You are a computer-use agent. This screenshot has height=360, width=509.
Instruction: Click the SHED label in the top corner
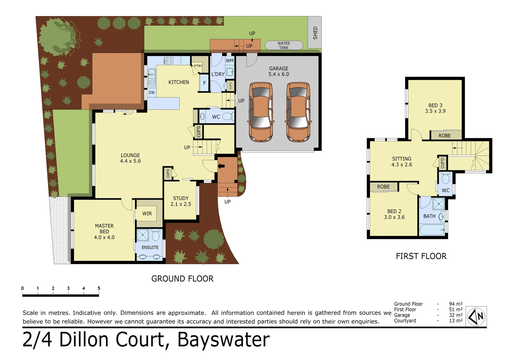coord(315,33)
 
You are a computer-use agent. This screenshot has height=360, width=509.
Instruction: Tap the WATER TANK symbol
coord(284,45)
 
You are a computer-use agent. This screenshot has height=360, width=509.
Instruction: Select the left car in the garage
coord(261,112)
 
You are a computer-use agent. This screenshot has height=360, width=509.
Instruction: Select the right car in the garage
coord(298,112)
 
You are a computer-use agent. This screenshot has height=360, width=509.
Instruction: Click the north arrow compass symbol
coord(476,316)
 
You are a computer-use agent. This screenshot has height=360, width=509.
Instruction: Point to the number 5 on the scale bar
coord(99,288)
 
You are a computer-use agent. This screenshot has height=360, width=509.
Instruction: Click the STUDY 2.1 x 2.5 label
coord(181,201)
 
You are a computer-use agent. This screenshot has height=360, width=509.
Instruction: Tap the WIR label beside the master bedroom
coord(147,214)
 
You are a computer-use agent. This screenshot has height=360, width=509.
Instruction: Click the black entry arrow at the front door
coord(221,166)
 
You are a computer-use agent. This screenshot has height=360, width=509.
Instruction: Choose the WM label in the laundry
coord(230,61)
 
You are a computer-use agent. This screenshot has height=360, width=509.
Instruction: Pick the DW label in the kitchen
coord(152,93)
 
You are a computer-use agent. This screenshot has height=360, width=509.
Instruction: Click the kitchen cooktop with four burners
coord(168,60)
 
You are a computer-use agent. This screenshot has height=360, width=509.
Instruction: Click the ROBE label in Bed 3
coord(444,136)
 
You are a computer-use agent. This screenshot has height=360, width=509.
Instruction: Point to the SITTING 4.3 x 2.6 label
coord(401,162)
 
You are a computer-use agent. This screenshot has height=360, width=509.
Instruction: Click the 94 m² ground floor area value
coord(455,304)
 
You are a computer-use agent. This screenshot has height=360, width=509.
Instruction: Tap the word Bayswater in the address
coord(223,340)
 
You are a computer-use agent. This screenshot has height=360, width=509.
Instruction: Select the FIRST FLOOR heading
coord(421,256)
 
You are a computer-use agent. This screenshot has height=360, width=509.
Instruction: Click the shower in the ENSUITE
coord(143,235)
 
